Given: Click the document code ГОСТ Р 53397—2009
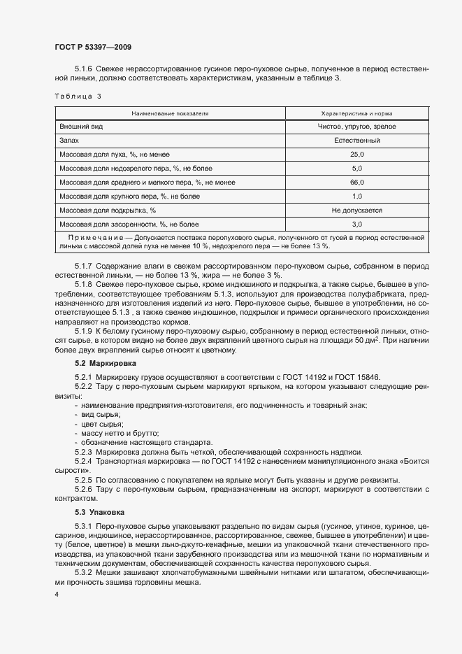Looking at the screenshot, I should click(93, 47).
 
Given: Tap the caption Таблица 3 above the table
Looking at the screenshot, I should click(78, 96).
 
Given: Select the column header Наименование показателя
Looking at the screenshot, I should click(171, 112).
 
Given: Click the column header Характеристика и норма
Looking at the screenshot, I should click(356, 112).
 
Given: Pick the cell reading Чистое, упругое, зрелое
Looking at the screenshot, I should click(356, 127).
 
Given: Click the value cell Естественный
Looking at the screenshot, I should click(356, 141).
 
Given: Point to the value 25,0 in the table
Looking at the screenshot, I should click(356, 155).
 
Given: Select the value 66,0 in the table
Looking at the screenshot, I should click(356, 183).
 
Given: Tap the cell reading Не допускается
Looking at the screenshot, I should click(356, 210).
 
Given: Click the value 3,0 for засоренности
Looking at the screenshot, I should click(356, 225).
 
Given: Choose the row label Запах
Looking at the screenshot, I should click(70, 141).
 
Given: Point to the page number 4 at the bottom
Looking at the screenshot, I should click(56, 595).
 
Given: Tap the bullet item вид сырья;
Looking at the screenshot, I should click(101, 415).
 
